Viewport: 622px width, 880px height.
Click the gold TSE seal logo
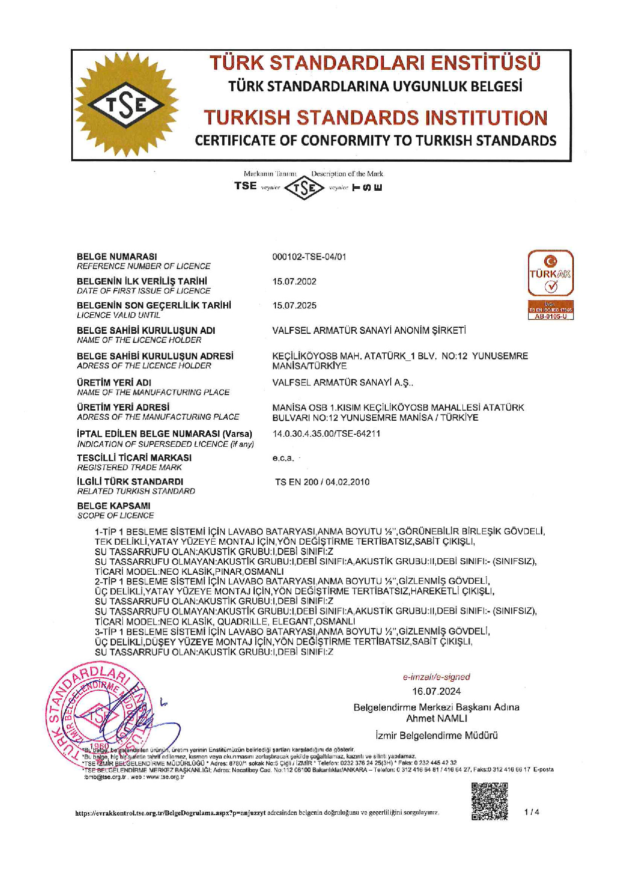coord(126,105)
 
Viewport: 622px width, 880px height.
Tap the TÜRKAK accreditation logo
coord(550,274)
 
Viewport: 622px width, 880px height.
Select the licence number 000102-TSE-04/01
coord(309,257)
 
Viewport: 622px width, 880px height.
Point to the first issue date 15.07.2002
coord(294,282)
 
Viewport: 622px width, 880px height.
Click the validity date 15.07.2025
coord(294,306)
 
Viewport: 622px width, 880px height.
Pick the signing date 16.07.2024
coord(436,691)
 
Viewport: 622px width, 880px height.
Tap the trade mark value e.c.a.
coord(283,458)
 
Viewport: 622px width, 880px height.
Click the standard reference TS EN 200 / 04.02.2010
coord(322,482)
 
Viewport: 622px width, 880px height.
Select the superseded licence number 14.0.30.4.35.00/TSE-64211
coord(327,434)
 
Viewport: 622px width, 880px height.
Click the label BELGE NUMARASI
coord(117,257)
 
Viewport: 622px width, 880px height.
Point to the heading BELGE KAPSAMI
coord(114,506)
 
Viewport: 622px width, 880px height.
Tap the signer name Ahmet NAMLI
coord(436,718)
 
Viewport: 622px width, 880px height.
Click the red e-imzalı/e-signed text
coord(436,677)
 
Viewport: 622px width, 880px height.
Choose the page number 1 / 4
coord(532,812)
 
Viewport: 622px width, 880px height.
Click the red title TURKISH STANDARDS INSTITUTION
coord(375,118)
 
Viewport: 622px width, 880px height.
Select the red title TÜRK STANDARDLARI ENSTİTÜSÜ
coord(375,63)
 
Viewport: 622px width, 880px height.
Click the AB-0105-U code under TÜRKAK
coord(550,317)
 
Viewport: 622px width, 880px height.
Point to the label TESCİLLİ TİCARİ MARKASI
coord(134,458)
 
